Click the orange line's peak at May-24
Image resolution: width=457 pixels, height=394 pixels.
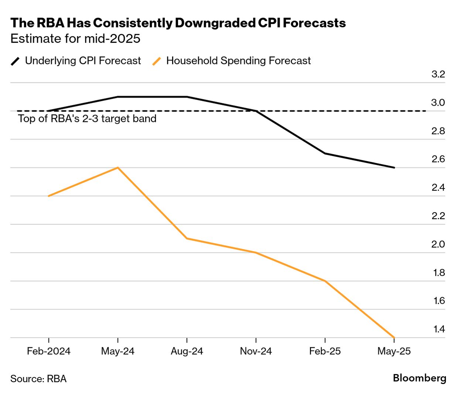pyautogui.click(x=117, y=168)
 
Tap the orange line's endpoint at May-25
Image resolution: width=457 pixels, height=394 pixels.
pyautogui.click(x=394, y=337)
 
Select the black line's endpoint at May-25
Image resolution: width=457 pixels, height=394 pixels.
pyautogui.click(x=394, y=167)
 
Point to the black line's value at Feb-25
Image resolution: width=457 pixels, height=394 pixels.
pyautogui.click(x=325, y=153)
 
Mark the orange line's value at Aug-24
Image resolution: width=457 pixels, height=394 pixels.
pyautogui.click(x=187, y=238)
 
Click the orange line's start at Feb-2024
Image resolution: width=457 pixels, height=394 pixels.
pyautogui.click(x=49, y=196)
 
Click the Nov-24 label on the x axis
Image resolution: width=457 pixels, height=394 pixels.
pyautogui.click(x=256, y=351)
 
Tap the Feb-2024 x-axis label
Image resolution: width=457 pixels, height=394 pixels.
pyautogui.click(x=49, y=351)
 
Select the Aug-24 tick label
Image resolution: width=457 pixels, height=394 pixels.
pyautogui.click(x=187, y=351)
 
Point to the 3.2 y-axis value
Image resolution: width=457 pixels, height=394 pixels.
pyautogui.click(x=438, y=74)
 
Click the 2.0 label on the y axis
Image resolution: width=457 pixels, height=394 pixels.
pyautogui.click(x=438, y=244)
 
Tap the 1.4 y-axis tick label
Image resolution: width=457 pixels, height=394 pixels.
pyautogui.click(x=439, y=329)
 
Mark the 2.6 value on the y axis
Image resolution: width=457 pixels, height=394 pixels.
pyautogui.click(x=438, y=159)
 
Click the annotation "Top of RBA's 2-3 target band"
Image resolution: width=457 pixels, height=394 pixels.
pyautogui.click(x=87, y=119)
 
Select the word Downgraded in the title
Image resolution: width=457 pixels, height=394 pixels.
pyautogui.click(x=215, y=23)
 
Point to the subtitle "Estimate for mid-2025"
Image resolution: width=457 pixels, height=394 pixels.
pyautogui.click(x=75, y=39)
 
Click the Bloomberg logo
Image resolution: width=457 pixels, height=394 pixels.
pyautogui.click(x=419, y=378)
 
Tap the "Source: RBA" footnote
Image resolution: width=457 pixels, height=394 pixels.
pyautogui.click(x=38, y=379)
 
